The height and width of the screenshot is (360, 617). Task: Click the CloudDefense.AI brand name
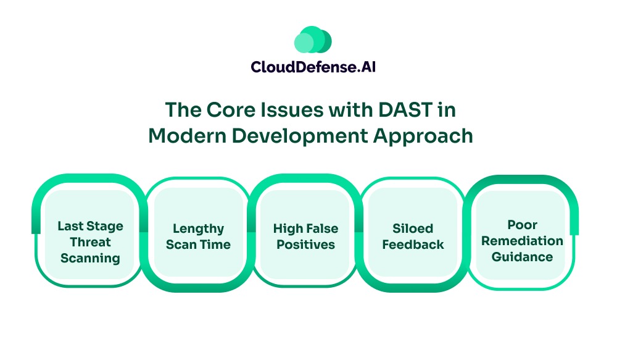click(313, 66)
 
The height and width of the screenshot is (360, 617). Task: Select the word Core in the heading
click(233, 110)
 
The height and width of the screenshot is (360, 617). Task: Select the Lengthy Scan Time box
click(198, 237)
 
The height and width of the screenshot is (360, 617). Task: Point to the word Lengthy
click(198, 229)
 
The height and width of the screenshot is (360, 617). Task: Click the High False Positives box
click(305, 237)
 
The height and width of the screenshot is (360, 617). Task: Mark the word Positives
click(305, 245)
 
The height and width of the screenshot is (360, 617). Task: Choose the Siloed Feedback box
click(413, 237)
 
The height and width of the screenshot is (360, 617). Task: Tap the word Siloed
click(413, 229)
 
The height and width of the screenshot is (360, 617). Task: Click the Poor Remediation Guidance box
click(522, 240)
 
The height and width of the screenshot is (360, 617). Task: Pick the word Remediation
click(522, 241)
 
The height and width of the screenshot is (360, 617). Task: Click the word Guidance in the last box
click(522, 256)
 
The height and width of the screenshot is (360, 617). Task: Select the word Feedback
click(413, 245)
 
